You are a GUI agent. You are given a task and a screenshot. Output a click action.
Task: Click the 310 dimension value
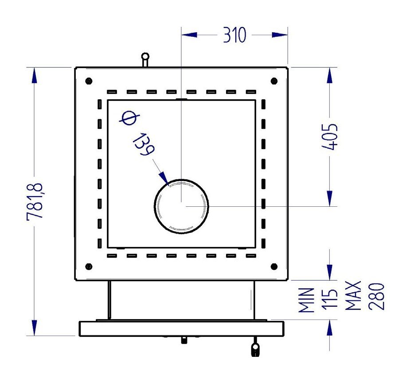234,35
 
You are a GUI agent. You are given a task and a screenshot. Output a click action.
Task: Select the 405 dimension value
329,137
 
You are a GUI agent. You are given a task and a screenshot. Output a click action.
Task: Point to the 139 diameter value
144,144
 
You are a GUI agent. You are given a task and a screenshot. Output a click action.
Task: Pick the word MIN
306,300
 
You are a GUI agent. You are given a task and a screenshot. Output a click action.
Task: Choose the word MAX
353,296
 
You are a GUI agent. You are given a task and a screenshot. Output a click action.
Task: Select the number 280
376,297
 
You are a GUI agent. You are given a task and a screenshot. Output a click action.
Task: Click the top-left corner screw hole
89,81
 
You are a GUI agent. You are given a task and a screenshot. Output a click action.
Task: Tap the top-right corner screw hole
274,81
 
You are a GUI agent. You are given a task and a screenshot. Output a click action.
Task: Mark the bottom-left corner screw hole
89,267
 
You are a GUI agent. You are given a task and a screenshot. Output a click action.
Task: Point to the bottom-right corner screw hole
274,267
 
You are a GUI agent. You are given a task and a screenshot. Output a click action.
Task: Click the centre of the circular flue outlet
181,206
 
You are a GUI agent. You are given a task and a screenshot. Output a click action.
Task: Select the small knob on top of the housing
145,60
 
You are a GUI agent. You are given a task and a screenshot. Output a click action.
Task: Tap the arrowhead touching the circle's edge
164,178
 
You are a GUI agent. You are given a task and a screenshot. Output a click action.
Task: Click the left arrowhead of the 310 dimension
189,35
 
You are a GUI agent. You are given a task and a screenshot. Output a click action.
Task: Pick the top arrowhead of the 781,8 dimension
35,75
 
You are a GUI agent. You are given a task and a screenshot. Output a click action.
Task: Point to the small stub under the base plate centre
184,340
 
